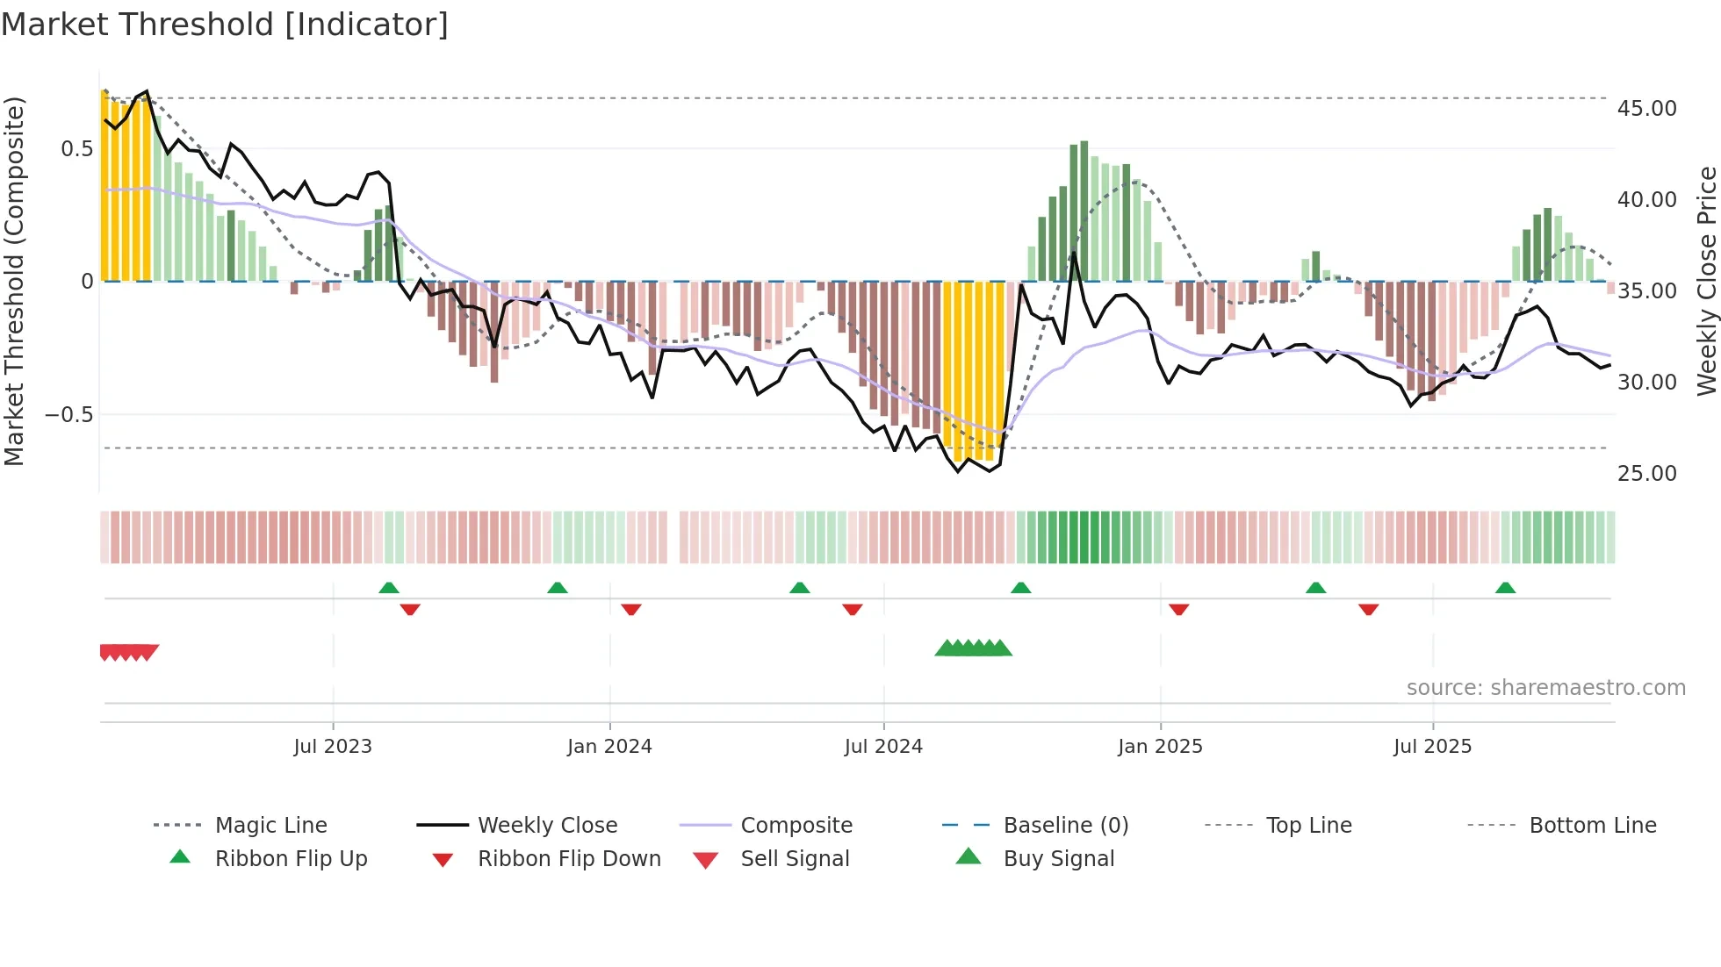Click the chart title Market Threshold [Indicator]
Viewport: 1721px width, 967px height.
225,25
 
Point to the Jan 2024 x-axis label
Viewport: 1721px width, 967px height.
609,746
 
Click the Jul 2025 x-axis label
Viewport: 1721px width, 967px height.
1432,746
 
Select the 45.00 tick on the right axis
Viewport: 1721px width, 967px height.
1646,109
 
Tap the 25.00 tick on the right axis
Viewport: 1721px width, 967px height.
1646,473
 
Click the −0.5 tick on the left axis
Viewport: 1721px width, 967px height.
69,414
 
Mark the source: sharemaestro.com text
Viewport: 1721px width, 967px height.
1545,687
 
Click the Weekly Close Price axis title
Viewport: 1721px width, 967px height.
1706,281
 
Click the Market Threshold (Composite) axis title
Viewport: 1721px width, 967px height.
14,281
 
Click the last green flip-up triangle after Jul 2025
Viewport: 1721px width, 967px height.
1505,588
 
